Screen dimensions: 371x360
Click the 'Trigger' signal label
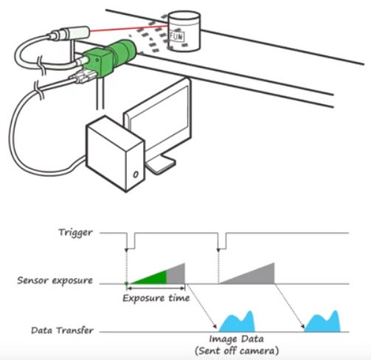(x=75, y=232)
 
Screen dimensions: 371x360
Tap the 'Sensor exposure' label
(x=55, y=280)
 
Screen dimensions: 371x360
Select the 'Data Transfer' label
(x=62, y=330)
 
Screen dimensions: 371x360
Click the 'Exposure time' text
(x=156, y=298)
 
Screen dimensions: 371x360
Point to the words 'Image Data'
(x=236, y=339)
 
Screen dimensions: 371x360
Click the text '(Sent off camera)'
(x=237, y=350)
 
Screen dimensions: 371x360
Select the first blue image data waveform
(x=237, y=322)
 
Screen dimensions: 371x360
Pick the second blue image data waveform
(x=322, y=322)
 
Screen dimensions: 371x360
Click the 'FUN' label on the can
(x=176, y=36)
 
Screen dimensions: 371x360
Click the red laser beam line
(x=128, y=28)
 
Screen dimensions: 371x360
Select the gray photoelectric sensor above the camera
(x=69, y=33)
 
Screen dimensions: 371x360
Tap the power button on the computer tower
(x=136, y=174)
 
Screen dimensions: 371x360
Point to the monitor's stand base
(x=161, y=165)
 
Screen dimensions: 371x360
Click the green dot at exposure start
(x=126, y=283)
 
